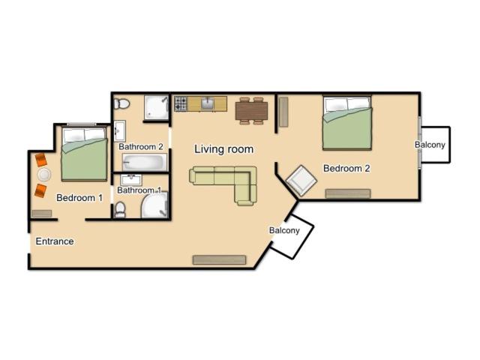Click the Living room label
[x=223, y=149]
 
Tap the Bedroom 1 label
[x=79, y=198]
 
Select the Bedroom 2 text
[x=346, y=168]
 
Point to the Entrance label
[x=55, y=241]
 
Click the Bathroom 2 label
[x=141, y=147]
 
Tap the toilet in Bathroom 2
[x=121, y=103]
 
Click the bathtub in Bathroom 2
[x=145, y=162]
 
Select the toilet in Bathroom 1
[x=120, y=210]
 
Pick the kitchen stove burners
[x=181, y=103]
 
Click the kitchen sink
[x=208, y=103]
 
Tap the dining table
[x=251, y=111]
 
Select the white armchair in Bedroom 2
[x=301, y=181]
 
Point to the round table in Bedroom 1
[x=44, y=175]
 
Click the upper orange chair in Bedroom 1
[x=41, y=160]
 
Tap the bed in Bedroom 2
[x=347, y=123]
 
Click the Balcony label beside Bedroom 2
[x=430, y=145]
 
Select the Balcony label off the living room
[x=284, y=230]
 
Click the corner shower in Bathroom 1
[x=155, y=205]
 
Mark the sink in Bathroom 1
[x=131, y=180]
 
